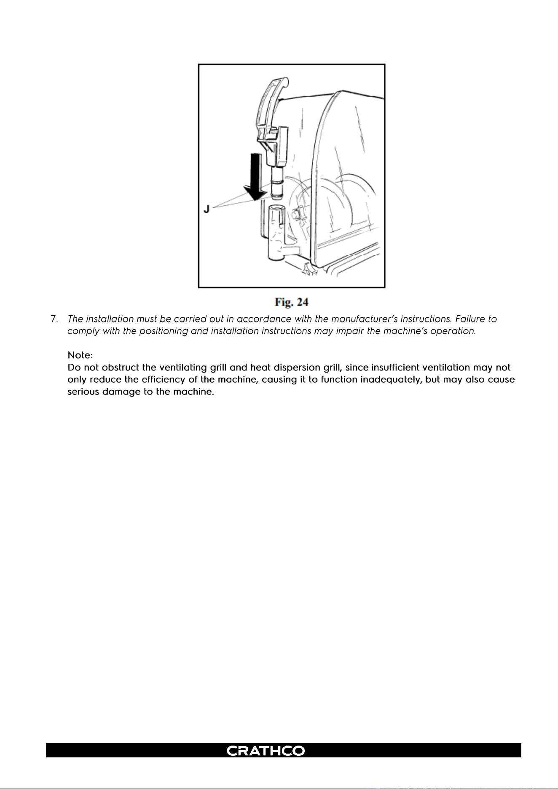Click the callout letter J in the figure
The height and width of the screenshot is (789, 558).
point(207,209)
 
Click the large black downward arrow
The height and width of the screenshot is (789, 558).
point(255,177)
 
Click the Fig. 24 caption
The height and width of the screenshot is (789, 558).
point(292,302)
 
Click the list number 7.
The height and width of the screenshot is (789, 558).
point(54,319)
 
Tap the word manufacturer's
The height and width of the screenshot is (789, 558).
point(368,319)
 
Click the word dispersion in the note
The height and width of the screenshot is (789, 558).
point(297,368)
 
